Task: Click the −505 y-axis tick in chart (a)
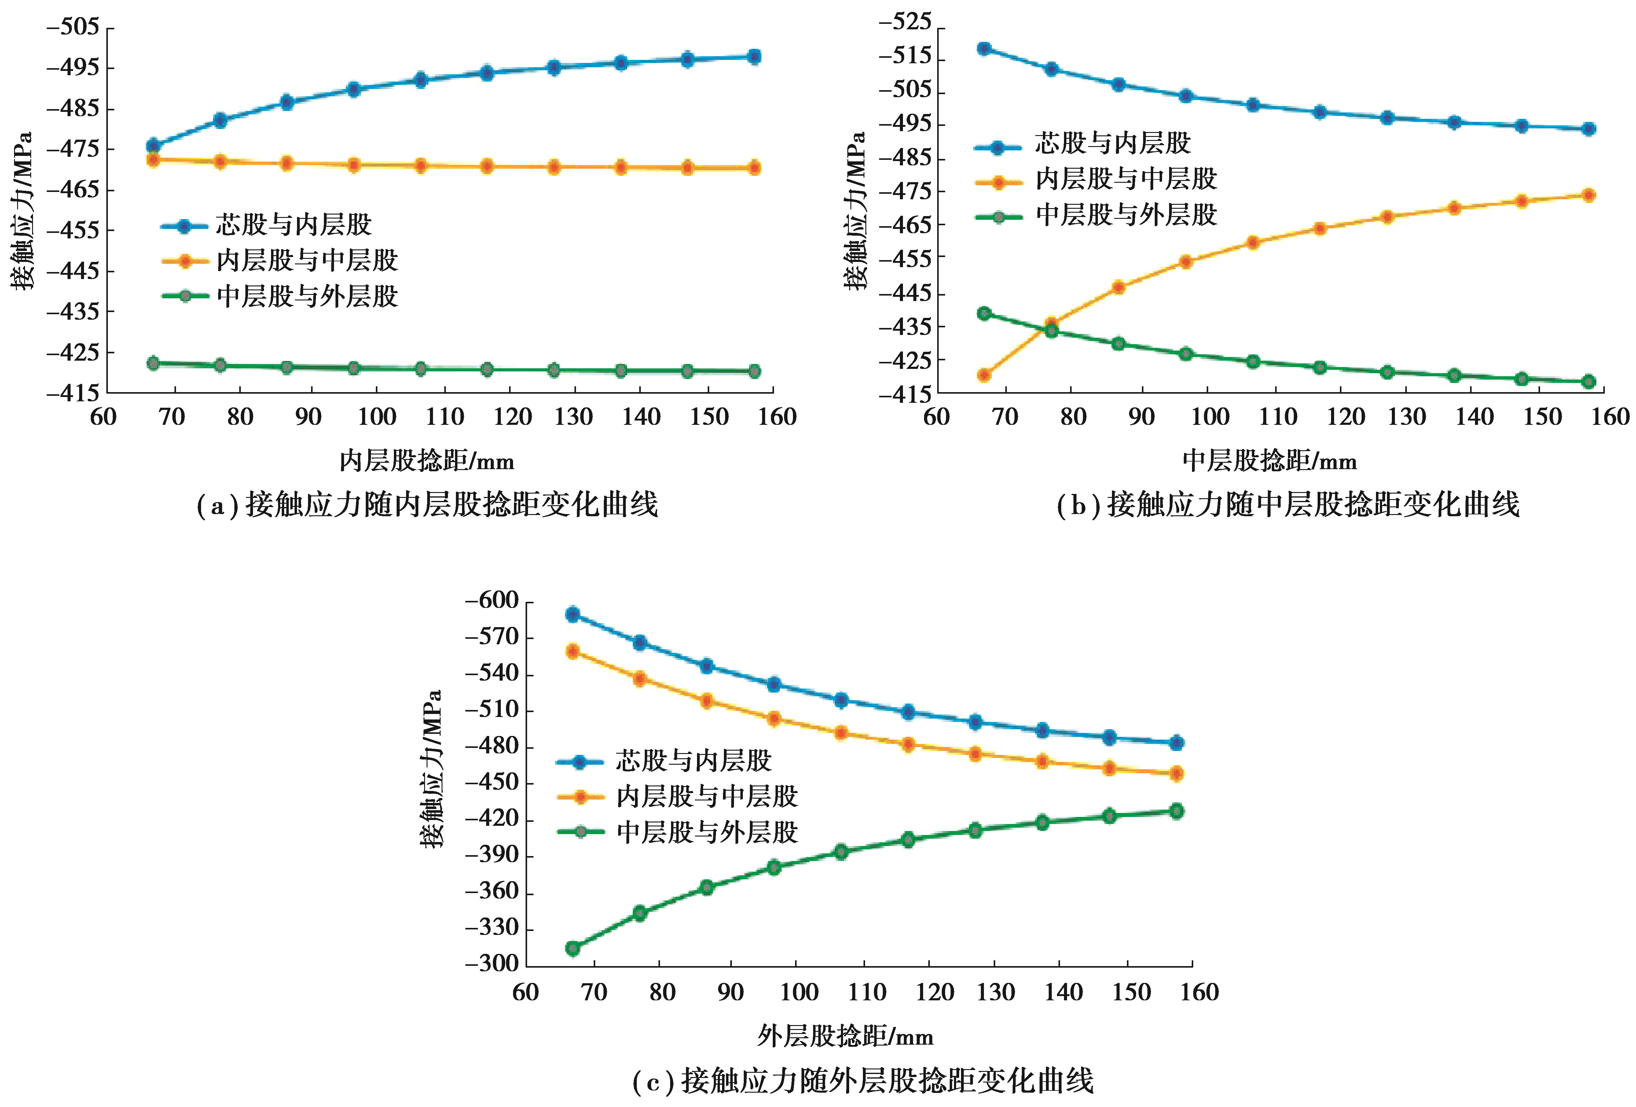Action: click(72, 28)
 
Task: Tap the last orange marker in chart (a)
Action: click(754, 167)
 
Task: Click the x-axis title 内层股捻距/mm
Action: click(427, 461)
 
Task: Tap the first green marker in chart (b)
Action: click(984, 313)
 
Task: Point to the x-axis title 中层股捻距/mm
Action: click(1269, 461)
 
